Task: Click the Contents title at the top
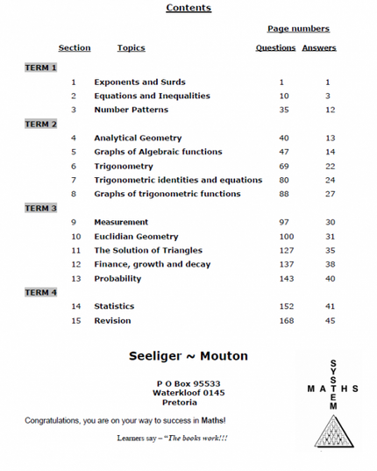188,8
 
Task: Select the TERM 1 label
41,68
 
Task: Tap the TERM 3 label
41,208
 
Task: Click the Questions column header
275,48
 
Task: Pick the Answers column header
319,48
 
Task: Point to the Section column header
75,48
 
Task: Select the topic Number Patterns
131,110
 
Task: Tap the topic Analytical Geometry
138,138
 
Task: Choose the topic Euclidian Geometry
136,236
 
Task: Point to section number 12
75,264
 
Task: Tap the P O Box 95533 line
188,383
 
